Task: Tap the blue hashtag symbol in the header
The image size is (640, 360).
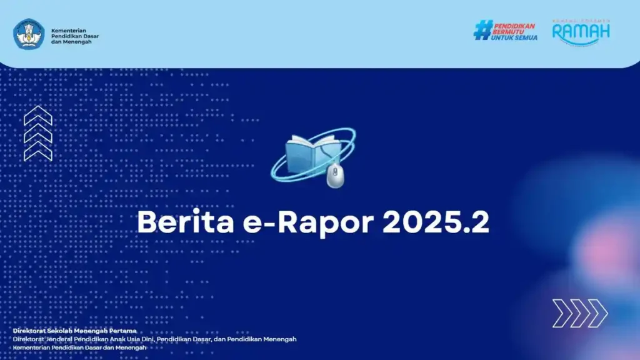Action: [482, 30]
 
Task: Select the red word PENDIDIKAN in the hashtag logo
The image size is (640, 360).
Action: [514, 26]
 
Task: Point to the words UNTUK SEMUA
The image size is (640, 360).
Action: [514, 37]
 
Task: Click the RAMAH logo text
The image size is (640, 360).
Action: [581, 31]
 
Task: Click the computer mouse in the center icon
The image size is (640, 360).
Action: [335, 176]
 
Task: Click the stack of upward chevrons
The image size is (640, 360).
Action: [37, 133]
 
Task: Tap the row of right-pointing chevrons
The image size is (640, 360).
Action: [579, 312]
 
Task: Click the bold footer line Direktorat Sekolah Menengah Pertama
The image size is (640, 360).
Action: [74, 331]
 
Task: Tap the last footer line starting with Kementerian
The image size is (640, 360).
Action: [79, 347]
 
